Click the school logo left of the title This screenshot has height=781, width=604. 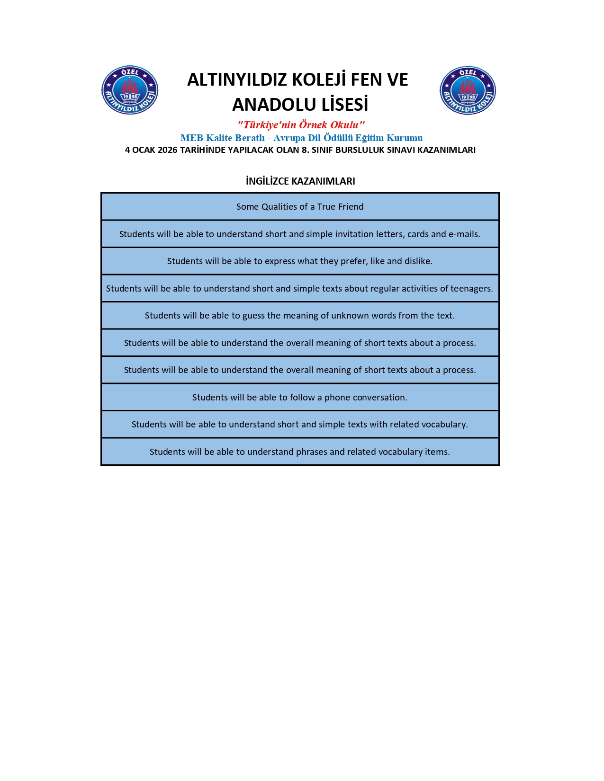(130, 90)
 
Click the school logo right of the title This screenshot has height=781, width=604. (468, 90)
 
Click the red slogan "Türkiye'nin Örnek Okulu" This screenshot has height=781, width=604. (301, 125)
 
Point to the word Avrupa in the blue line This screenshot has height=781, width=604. (289, 138)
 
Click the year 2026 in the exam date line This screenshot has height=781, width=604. (167, 150)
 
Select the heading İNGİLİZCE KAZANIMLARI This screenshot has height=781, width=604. (300, 181)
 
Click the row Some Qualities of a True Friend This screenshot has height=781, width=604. (300, 207)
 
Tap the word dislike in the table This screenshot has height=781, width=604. (417, 261)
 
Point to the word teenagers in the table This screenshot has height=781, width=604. (471, 289)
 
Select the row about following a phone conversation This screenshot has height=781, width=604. (300, 398)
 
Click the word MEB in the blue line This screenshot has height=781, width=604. (191, 138)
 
